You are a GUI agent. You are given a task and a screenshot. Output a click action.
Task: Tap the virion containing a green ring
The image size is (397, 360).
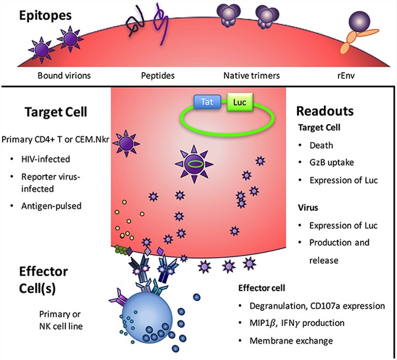pos(195,163)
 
